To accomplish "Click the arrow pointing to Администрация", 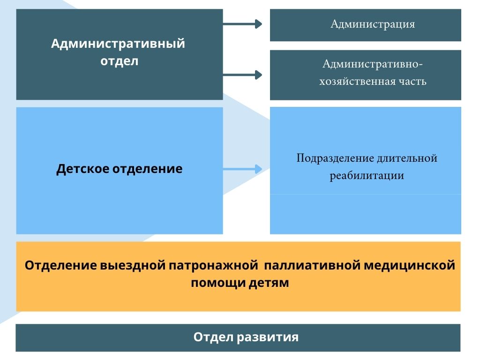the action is pyautogui.click(x=242, y=24).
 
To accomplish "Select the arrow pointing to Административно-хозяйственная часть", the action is pyautogui.click(x=242, y=75).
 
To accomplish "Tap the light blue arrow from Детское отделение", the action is pyautogui.click(x=242, y=169).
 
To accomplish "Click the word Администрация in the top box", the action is pyautogui.click(x=373, y=24).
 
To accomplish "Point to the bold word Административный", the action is pyautogui.click(x=118, y=44).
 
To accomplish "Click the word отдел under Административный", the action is pyautogui.click(x=120, y=61).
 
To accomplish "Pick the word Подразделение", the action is pyautogui.click(x=335, y=158).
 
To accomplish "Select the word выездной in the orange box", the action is pyautogui.click(x=133, y=265).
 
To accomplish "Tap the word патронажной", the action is pyautogui.click(x=213, y=265).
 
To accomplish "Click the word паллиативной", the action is pyautogui.click(x=312, y=265).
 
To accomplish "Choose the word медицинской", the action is pyautogui.click(x=409, y=265).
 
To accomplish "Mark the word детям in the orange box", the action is pyautogui.click(x=269, y=283).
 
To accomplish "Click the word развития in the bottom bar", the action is pyautogui.click(x=268, y=337).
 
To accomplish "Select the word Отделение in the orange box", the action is pyautogui.click(x=61, y=265).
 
